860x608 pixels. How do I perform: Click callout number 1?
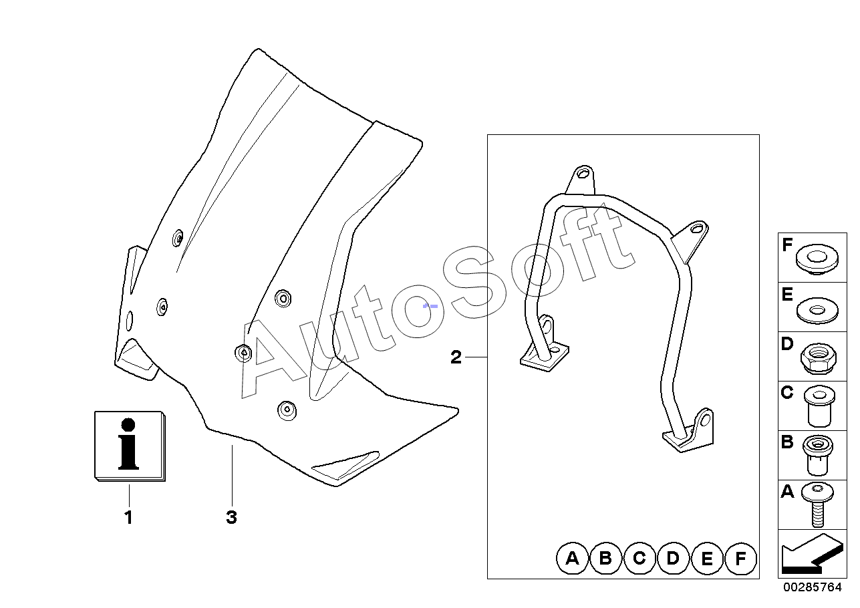tap(128, 517)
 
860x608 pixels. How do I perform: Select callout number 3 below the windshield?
tap(231, 517)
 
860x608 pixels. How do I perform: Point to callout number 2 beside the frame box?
tap(456, 357)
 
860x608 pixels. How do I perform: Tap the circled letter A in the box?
tap(572, 559)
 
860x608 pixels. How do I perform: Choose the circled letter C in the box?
tap(639, 559)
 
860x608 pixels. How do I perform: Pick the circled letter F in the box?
tap(740, 559)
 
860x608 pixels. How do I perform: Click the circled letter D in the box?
tap(673, 559)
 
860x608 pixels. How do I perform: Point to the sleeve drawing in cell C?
tap(817, 406)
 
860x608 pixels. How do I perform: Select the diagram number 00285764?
tap(812, 588)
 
